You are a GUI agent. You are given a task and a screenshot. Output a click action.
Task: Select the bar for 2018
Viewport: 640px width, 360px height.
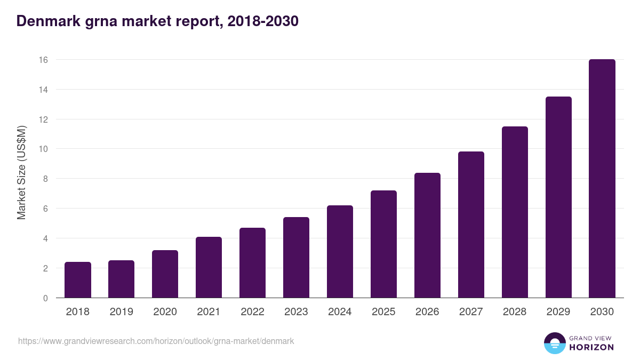click(x=78, y=280)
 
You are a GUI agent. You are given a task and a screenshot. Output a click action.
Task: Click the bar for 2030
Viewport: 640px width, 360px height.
click(x=602, y=179)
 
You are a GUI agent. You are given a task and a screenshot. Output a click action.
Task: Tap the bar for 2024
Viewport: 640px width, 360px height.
click(x=340, y=252)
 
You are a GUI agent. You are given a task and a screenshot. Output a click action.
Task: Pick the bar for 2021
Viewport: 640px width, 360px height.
click(x=209, y=267)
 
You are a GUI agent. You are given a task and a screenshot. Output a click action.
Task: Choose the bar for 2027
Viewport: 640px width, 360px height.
click(x=471, y=225)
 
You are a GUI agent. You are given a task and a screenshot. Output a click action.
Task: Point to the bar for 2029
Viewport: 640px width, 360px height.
click(x=558, y=197)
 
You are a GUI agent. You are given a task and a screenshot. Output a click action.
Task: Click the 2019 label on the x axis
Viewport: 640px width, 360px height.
click(x=121, y=312)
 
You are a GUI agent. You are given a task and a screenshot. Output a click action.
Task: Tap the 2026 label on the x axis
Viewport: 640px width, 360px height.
click(x=427, y=312)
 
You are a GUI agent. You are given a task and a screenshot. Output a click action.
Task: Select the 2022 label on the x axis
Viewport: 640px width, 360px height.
click(x=252, y=312)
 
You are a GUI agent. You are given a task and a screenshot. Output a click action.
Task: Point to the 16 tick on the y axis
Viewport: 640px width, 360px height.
click(x=43, y=60)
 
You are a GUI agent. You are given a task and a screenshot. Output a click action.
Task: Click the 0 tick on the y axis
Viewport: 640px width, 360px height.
click(x=45, y=298)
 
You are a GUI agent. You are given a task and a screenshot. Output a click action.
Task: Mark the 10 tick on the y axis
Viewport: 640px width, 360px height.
click(x=43, y=149)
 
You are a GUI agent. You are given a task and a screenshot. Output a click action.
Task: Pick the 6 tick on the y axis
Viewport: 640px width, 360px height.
click(x=45, y=209)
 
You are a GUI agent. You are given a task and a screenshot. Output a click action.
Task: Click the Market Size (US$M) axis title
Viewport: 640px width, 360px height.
click(x=21, y=172)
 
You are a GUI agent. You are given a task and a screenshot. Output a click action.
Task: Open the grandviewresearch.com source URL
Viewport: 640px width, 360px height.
click(x=156, y=341)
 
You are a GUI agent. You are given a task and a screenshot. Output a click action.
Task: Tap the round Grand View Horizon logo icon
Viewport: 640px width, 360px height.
click(x=554, y=343)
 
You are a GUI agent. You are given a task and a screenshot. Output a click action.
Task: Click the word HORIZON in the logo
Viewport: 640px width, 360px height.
click(x=591, y=347)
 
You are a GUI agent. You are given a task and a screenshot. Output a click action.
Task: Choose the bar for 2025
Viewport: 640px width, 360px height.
click(x=383, y=244)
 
